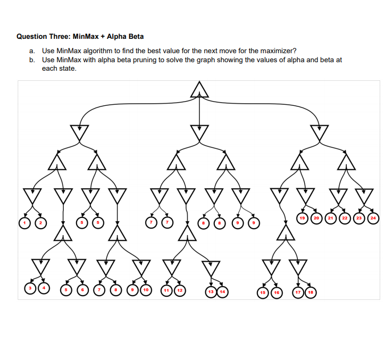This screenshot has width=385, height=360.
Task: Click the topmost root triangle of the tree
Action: pyautogui.click(x=199, y=90)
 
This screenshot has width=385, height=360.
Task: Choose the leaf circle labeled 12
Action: pyautogui.click(x=180, y=290)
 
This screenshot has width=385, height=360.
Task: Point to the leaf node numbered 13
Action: pyautogui.click(x=212, y=291)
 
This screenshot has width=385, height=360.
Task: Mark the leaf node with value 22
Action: pyautogui.click(x=344, y=217)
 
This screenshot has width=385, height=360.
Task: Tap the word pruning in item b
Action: pyautogui.click(x=154, y=60)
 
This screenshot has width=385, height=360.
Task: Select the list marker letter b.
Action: pyautogui.click(x=32, y=60)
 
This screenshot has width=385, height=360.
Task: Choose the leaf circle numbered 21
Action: pyautogui.click(x=330, y=217)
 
